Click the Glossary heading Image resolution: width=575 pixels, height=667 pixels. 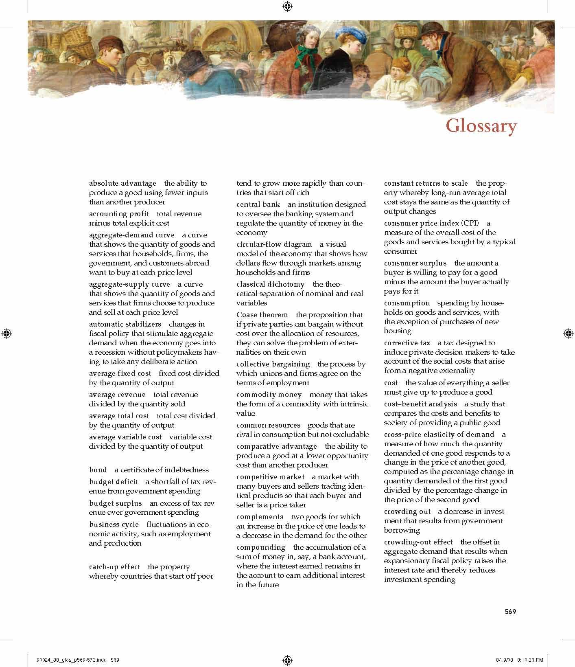pyautogui.click(x=481, y=126)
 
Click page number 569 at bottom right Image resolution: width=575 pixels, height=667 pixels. pyautogui.click(x=510, y=612)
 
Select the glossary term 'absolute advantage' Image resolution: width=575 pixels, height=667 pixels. pyautogui.click(x=122, y=183)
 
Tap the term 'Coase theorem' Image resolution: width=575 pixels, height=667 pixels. pyautogui.click(x=262, y=315)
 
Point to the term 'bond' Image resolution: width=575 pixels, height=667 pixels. pyautogui.click(x=98, y=470)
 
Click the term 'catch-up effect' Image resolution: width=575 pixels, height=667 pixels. pyautogui.click(x=114, y=567)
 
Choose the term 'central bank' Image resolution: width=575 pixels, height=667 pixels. pyautogui.click(x=258, y=204)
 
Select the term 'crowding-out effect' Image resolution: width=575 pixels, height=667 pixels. pyautogui.click(x=418, y=542)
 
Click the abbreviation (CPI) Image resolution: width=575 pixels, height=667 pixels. pyautogui.click(x=470, y=223)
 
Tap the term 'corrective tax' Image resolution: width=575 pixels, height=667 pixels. pyautogui.click(x=407, y=343)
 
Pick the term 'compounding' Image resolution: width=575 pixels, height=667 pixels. pyautogui.click(x=261, y=547)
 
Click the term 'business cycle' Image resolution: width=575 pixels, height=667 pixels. pyautogui.click(x=114, y=524)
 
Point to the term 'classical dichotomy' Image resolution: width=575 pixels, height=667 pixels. pyautogui.click(x=270, y=284)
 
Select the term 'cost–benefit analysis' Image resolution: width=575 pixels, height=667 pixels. pyautogui.click(x=420, y=404)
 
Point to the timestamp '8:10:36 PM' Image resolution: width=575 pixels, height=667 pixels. pyautogui.click(x=530, y=660)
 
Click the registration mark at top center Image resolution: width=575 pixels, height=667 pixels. pyautogui.click(x=287, y=6)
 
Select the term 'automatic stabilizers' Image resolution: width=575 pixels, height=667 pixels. pyautogui.click(x=125, y=324)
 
